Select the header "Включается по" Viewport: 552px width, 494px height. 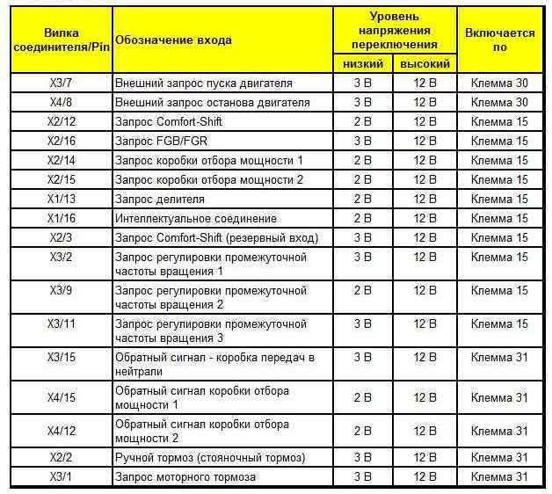point(499,40)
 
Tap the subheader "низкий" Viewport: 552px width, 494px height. point(361,64)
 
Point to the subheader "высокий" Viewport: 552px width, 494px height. point(425,64)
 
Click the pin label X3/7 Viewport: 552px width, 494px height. point(61,84)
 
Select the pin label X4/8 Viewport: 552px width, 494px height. point(61,103)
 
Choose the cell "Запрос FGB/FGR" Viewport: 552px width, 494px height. point(156,142)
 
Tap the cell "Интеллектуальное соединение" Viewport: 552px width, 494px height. point(196,218)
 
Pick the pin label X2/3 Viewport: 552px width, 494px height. point(61,237)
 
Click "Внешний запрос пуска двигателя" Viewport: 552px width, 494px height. point(204,84)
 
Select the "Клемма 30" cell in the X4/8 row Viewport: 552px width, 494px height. point(499,103)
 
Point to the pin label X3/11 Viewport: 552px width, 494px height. point(61,323)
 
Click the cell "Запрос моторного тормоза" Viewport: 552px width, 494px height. point(185,476)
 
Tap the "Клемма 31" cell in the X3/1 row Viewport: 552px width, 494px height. point(499,476)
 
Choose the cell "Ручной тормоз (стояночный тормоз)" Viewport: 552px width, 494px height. point(210,457)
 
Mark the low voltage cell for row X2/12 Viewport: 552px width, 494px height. point(362,122)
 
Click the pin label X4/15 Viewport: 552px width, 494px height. point(61,397)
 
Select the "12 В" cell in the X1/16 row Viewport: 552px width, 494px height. point(425,218)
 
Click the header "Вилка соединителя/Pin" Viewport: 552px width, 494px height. point(61,40)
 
